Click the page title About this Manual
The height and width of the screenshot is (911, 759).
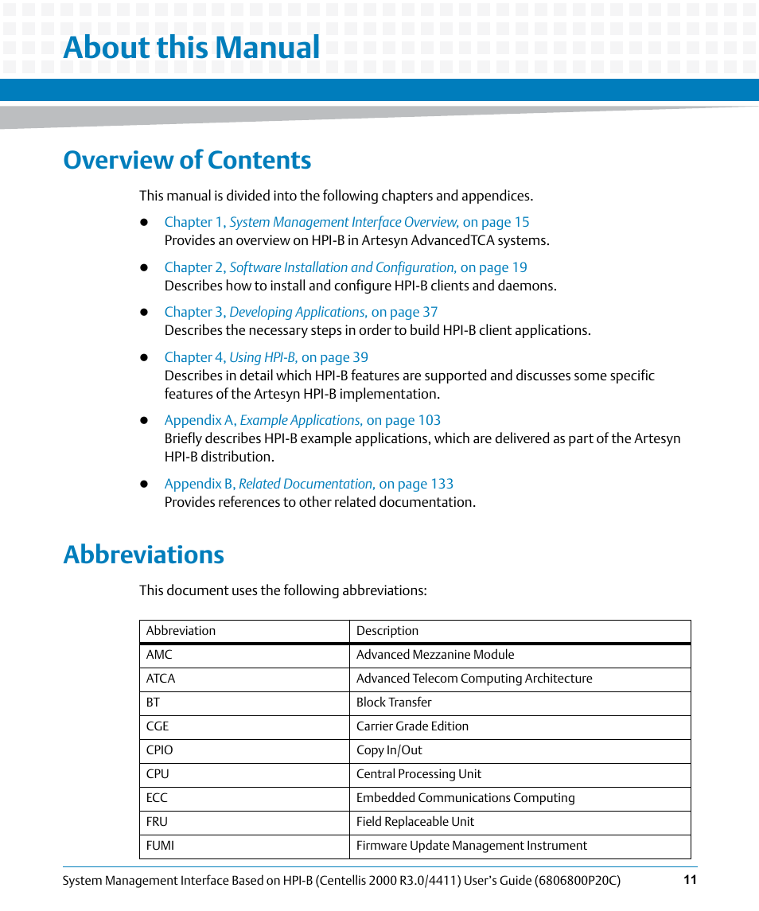(192, 48)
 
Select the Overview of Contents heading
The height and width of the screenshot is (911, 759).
(187, 160)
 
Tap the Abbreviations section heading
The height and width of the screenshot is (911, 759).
(143, 555)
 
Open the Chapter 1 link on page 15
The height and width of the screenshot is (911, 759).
(346, 222)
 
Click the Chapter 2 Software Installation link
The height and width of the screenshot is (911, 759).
(345, 267)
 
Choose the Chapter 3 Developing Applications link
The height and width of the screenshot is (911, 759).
(301, 312)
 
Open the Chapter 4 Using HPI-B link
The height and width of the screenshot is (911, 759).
(266, 357)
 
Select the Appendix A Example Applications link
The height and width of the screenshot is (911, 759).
(302, 420)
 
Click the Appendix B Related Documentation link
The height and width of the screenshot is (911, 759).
(309, 484)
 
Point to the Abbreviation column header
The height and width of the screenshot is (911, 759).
(181, 631)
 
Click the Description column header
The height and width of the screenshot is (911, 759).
(387, 631)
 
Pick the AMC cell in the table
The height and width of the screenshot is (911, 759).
(159, 655)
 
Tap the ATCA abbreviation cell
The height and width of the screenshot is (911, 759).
(161, 679)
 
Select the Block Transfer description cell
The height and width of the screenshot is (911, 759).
(394, 703)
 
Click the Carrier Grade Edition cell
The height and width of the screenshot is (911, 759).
(412, 726)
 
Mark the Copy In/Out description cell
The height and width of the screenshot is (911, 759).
(389, 750)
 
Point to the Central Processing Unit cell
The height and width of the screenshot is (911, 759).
(418, 774)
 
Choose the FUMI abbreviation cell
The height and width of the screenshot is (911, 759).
(160, 846)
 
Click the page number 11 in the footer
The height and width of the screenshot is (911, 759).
(690, 880)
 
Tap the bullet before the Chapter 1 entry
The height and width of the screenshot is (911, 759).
(145, 223)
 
